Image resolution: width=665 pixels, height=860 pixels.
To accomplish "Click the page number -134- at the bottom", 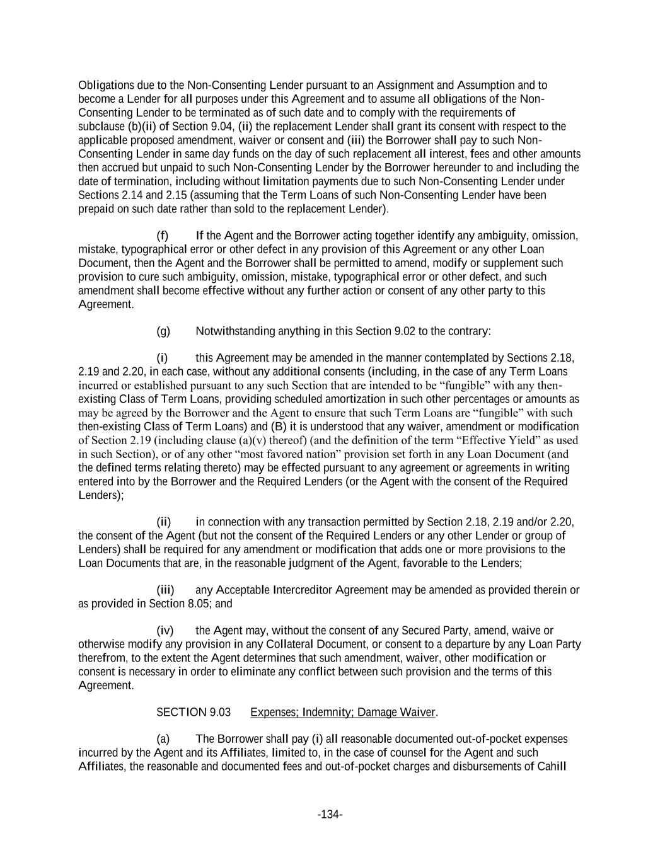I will (330, 815).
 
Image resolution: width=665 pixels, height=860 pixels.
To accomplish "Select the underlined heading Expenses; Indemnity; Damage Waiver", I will (342, 713).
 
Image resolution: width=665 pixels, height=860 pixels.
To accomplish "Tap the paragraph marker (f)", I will (163, 236).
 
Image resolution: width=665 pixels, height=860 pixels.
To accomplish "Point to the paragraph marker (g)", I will (163, 331).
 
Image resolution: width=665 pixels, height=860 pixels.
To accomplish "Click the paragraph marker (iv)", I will (165, 631).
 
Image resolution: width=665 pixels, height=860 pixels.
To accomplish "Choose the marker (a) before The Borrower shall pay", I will (163, 739).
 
